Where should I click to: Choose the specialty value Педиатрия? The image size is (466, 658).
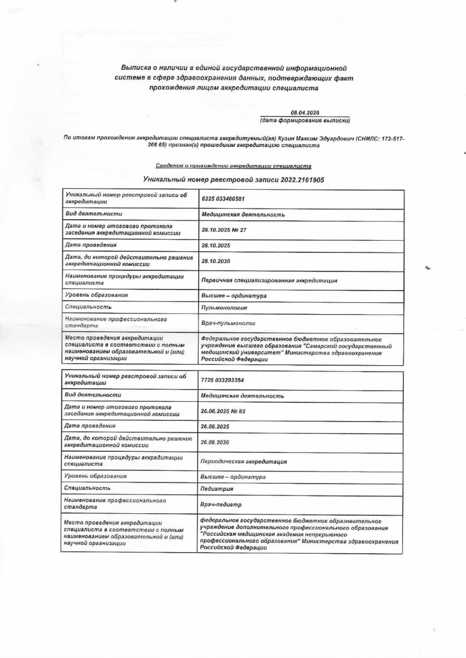pos(217,489)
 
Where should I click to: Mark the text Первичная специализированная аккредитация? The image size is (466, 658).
pos(268,280)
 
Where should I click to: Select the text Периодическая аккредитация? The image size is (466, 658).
pos(244,462)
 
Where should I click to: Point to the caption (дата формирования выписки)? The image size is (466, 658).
pos(305,120)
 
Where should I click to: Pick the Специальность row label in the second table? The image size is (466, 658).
pos(88,488)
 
